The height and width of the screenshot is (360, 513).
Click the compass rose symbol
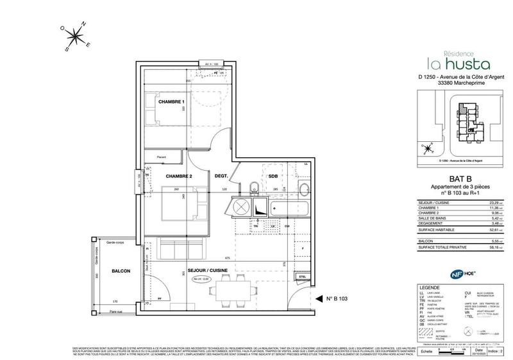point(76,37)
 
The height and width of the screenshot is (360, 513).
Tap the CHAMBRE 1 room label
point(171,102)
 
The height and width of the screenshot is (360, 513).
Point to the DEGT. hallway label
point(222,176)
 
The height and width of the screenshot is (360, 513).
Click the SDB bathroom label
point(273,176)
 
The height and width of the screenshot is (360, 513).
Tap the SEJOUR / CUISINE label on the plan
point(208,271)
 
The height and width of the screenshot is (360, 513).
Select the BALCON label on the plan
point(121,271)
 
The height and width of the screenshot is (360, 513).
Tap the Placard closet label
point(162,157)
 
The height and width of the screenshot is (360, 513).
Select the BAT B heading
point(450,180)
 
